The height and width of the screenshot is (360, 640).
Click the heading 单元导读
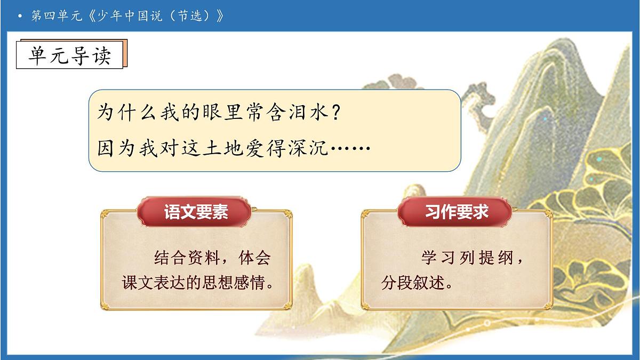(x=69, y=54)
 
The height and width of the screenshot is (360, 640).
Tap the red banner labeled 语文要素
(x=196, y=212)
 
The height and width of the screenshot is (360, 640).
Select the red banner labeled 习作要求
(x=457, y=212)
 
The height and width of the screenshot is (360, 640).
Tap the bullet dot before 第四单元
(x=20, y=17)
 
